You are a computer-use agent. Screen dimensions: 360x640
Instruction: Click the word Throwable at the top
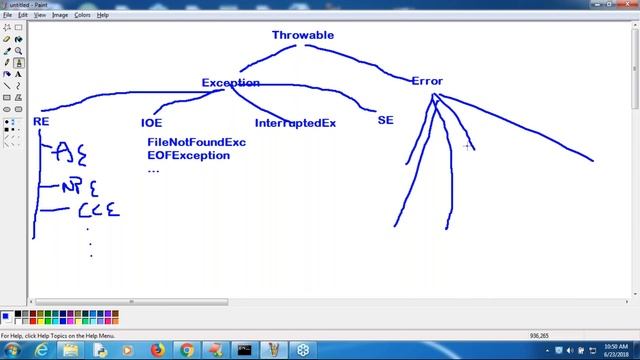pyautogui.click(x=303, y=35)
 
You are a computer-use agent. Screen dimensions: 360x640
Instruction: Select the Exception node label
pyautogui.click(x=230, y=83)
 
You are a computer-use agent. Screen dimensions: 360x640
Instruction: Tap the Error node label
pyautogui.click(x=427, y=81)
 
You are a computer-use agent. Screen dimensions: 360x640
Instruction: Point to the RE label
pyautogui.click(x=41, y=122)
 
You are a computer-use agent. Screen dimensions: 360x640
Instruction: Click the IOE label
pyautogui.click(x=151, y=123)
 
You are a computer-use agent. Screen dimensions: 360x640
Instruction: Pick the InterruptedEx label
pyautogui.click(x=295, y=123)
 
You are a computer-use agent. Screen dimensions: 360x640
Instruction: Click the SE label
pyautogui.click(x=385, y=120)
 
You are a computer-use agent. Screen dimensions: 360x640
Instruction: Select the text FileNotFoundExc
pyautogui.click(x=196, y=142)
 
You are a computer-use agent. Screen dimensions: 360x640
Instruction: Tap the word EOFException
pyautogui.click(x=188, y=156)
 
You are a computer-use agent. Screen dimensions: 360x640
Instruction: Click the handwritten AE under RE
pyautogui.click(x=70, y=153)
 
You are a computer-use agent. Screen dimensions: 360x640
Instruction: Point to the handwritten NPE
pyautogui.click(x=80, y=187)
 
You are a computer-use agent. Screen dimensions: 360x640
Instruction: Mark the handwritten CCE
pyautogui.click(x=98, y=210)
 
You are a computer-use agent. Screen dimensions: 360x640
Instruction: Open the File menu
pyautogui.click(x=8, y=15)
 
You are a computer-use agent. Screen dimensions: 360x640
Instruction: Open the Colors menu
pyautogui.click(x=82, y=15)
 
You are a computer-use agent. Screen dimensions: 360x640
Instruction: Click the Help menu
pyautogui.click(x=103, y=15)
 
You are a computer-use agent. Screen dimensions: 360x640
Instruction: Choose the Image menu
pyautogui.click(x=60, y=15)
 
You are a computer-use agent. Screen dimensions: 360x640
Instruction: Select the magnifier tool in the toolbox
pyautogui.click(x=18, y=50)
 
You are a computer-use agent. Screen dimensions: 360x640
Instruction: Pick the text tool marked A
pyautogui.click(x=18, y=62)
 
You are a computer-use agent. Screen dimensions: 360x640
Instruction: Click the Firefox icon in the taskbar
pyautogui.click(x=157, y=349)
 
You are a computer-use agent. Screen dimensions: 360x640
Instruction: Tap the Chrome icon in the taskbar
pyautogui.click(x=186, y=349)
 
